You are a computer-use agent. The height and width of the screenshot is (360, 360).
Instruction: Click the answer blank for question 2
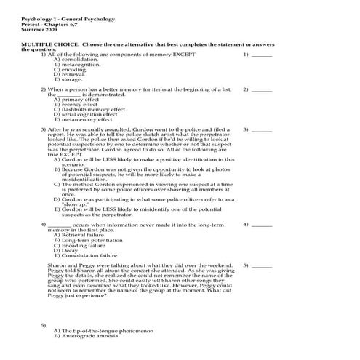pyautogui.click(x=261, y=89)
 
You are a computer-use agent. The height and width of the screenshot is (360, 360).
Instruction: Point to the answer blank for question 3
pyautogui.click(x=261, y=129)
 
